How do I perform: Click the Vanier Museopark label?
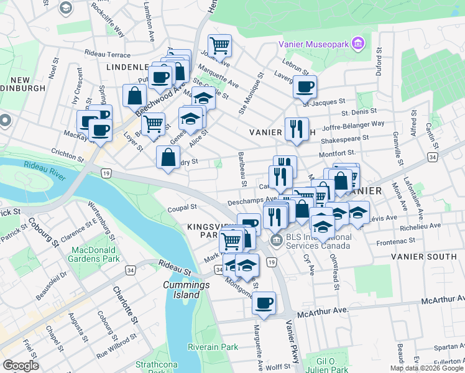click(x=313, y=45)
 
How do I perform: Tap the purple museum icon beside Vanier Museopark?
click(x=358, y=45)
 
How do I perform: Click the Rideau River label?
click(x=45, y=167)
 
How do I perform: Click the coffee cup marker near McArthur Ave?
click(x=264, y=303)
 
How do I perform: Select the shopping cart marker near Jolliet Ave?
click(x=219, y=45)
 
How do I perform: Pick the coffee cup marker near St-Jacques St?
click(x=305, y=87)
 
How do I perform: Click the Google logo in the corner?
click(x=21, y=366)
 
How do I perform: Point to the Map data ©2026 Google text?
click(x=426, y=368)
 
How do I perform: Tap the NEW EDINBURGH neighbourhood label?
click(x=28, y=84)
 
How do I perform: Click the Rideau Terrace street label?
click(x=109, y=55)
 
